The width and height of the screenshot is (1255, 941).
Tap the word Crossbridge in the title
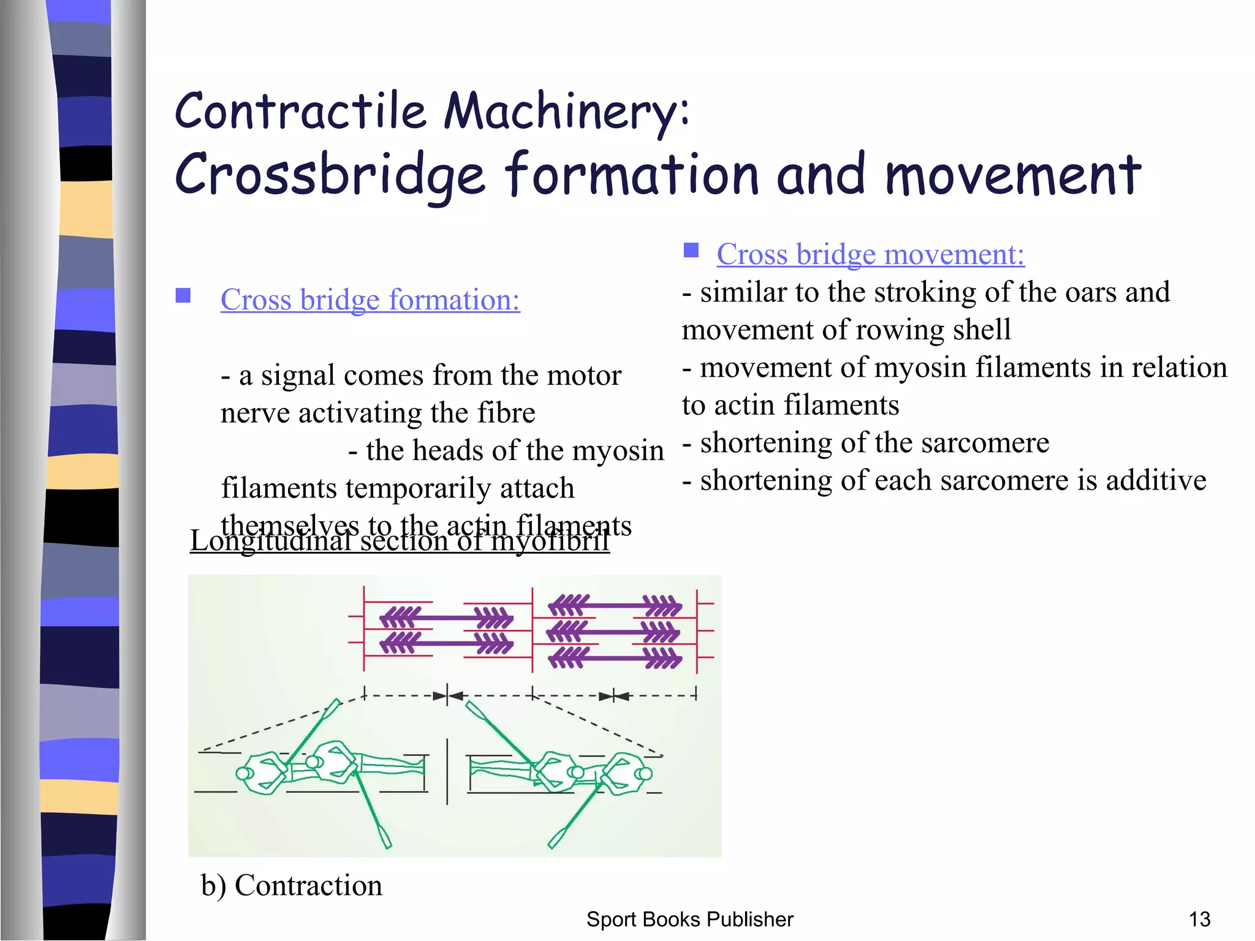pyautogui.click(x=330, y=176)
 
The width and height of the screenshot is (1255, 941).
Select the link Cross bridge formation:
pyautogui.click(x=370, y=300)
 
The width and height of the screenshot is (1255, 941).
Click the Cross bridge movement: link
pyautogui.click(x=870, y=254)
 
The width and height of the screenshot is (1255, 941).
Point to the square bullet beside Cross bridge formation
pyautogui.click(x=183, y=296)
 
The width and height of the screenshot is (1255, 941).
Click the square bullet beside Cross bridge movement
pyautogui.click(x=691, y=250)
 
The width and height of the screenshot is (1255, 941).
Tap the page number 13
pyautogui.click(x=1199, y=919)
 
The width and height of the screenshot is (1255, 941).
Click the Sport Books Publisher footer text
pyautogui.click(x=689, y=919)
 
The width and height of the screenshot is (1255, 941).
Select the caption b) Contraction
pyautogui.click(x=292, y=885)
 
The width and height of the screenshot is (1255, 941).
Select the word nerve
pyautogui.click(x=255, y=414)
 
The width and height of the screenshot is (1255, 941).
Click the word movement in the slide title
pyautogui.click(x=1012, y=176)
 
